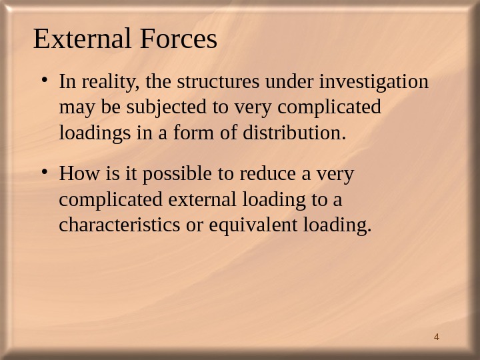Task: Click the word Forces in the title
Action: point(179,40)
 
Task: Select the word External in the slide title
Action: point(84,40)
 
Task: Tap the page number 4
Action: point(436,336)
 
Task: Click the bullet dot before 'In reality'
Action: point(43,82)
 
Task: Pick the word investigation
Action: point(375,83)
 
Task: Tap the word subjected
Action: point(151,108)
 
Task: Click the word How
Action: point(74,175)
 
